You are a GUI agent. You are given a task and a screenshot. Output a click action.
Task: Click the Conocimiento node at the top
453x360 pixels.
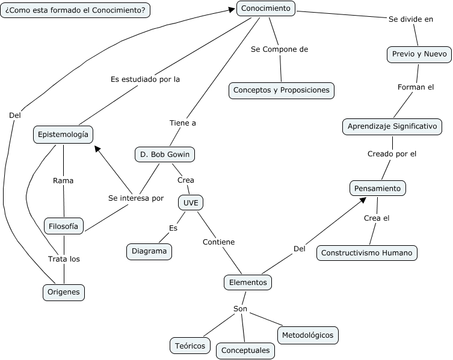click(266, 8)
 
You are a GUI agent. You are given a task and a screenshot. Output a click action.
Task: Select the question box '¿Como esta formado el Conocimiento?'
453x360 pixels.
click(75, 10)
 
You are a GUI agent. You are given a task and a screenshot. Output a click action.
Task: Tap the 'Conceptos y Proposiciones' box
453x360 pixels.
click(282, 90)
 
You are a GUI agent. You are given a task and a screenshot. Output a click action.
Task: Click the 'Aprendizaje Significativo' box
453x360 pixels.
click(392, 127)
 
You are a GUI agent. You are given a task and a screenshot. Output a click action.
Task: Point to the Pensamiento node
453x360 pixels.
click(377, 188)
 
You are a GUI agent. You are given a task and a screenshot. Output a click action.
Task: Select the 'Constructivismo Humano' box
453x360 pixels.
click(366, 253)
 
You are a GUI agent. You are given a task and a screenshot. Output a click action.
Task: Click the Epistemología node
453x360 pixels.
click(63, 135)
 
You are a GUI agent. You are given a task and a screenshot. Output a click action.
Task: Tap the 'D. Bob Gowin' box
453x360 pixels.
click(164, 154)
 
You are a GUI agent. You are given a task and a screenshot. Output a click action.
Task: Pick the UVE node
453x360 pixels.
click(191, 203)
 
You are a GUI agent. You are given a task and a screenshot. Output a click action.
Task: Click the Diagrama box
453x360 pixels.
click(149, 251)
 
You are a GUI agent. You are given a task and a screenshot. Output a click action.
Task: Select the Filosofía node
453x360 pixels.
click(64, 226)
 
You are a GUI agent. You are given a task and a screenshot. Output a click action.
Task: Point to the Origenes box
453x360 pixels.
click(64, 293)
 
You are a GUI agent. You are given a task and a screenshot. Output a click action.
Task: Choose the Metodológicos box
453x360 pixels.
click(307, 334)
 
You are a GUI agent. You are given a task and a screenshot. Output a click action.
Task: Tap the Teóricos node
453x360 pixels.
click(190, 346)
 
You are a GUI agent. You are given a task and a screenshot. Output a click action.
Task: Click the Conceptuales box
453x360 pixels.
click(245, 350)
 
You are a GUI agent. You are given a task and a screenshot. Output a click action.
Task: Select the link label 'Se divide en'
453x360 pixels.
click(411, 19)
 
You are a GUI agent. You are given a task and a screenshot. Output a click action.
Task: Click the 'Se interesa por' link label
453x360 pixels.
click(136, 198)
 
